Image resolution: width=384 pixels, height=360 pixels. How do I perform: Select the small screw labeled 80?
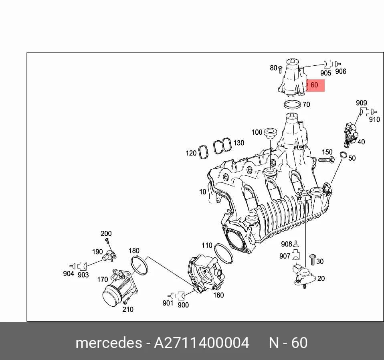pyautogui.click(x=281, y=69)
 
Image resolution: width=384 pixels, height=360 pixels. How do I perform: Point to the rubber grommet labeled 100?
pyautogui.click(x=270, y=132)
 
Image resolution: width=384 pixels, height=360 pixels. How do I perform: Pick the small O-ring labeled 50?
pyautogui.click(x=344, y=155)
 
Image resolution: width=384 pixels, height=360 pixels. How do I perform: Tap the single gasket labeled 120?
pyautogui.click(x=203, y=152)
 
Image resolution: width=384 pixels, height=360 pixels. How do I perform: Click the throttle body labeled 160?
pyautogui.click(x=206, y=273)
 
